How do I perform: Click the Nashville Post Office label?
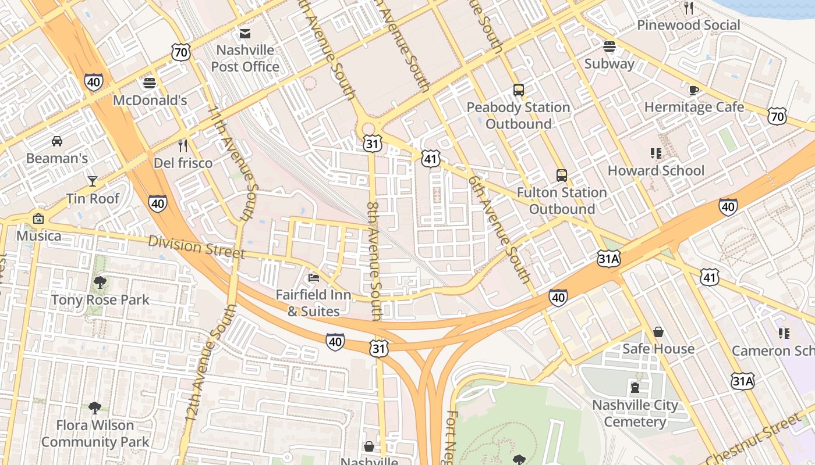(245, 58)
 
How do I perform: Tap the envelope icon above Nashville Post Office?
(245, 34)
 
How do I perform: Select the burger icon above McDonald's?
(150, 83)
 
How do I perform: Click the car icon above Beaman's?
(57, 141)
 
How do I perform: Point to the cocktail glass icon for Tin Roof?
(93, 181)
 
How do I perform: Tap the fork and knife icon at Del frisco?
(183, 146)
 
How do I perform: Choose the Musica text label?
(38, 235)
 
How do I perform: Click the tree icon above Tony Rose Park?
(100, 283)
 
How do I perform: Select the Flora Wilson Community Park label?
(95, 434)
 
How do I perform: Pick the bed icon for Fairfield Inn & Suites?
(314, 277)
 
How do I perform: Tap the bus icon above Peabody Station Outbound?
(519, 90)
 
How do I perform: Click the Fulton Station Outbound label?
(562, 201)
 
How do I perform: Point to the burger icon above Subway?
(610, 46)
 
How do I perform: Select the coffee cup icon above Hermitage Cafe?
(694, 90)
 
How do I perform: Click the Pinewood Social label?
(688, 25)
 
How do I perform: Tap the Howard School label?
(656, 170)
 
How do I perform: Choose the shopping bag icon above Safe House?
(658, 332)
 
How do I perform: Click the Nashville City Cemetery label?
(635, 413)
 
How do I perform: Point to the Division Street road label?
(196, 246)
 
